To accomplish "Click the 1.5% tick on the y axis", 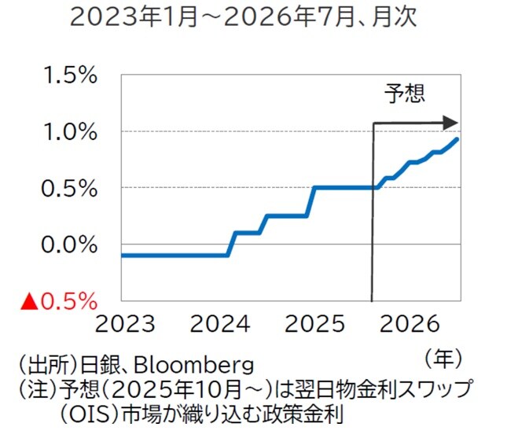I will click(x=70, y=75).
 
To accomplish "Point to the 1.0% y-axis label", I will click(x=70, y=131).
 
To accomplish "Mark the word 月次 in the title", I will click(x=384, y=17).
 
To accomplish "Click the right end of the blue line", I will click(x=458, y=139).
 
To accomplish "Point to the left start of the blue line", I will click(x=123, y=255).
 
